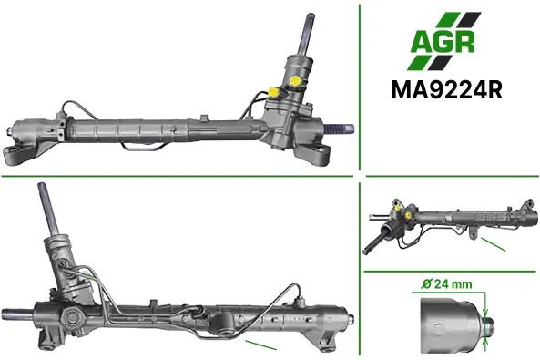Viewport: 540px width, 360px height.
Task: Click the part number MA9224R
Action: point(447,90)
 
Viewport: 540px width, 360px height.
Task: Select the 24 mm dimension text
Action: point(453,284)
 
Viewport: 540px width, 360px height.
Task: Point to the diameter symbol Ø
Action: point(426,284)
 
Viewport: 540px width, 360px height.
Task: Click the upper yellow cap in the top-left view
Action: point(295,81)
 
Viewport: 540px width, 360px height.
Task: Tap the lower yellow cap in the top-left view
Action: point(274,92)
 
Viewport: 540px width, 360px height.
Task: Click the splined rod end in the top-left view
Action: point(339,129)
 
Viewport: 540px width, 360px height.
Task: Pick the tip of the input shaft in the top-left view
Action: point(310,16)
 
